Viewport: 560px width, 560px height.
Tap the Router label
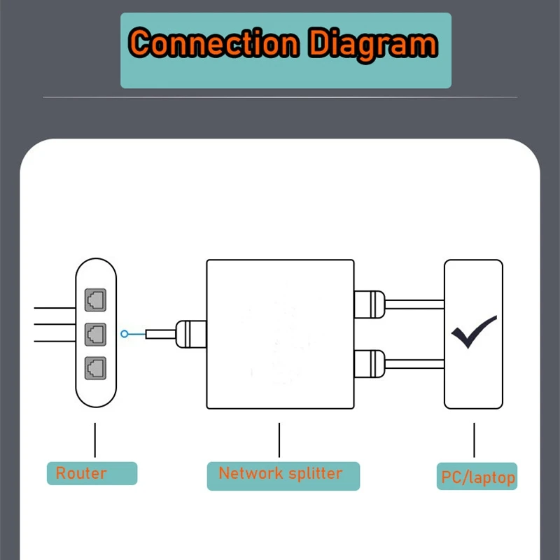pyautogui.click(x=81, y=473)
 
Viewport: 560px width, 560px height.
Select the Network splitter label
pyautogui.click(x=280, y=473)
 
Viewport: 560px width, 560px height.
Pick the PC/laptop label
pyautogui.click(x=478, y=478)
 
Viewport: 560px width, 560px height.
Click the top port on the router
pyautogui.click(x=94, y=300)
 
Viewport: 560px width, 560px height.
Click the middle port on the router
pyautogui.click(x=94, y=334)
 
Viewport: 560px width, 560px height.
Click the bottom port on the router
pyautogui.click(x=94, y=367)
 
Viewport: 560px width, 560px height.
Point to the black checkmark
pyautogui.click(x=474, y=332)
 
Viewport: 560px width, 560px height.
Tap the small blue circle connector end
pyautogui.click(x=125, y=334)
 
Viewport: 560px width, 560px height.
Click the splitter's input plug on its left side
pyautogui.click(x=190, y=333)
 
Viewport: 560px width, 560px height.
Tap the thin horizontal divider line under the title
pyautogui.click(x=280, y=97)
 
